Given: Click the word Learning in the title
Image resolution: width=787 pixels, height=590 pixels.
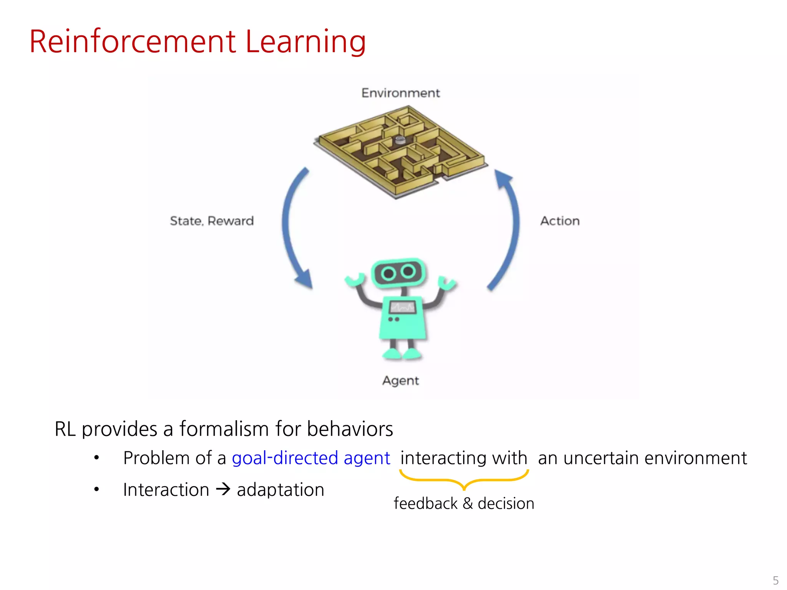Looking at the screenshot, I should (x=306, y=42).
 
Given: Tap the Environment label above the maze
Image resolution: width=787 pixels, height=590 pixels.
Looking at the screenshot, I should (x=400, y=93).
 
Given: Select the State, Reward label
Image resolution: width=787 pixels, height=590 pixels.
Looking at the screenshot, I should (x=212, y=221).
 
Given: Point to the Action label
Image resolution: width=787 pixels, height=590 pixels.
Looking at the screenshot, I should (x=560, y=221).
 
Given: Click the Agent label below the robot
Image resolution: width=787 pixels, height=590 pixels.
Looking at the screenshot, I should (x=400, y=381).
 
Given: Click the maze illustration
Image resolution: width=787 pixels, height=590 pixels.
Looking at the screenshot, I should (x=400, y=152).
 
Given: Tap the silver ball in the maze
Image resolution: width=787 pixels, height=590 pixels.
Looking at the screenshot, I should (x=400, y=140).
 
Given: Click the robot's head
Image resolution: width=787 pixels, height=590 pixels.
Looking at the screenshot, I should (x=398, y=272).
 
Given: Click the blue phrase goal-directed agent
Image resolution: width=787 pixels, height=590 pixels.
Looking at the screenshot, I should (x=311, y=458).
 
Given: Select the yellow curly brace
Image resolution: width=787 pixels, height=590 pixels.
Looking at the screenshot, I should (x=464, y=481).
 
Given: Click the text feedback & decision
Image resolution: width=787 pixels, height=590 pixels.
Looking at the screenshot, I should (x=464, y=504).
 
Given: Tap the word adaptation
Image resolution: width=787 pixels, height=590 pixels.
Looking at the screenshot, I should (x=281, y=490).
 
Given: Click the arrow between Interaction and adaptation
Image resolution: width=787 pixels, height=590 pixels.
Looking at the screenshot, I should (x=223, y=489).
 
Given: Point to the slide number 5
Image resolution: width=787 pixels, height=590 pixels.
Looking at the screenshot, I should (x=775, y=580).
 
